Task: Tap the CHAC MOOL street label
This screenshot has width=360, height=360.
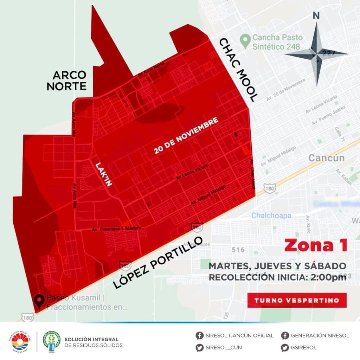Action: (x=239, y=70)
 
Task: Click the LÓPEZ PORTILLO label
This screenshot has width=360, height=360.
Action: (x=159, y=262)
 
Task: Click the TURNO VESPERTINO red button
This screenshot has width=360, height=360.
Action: (x=297, y=300)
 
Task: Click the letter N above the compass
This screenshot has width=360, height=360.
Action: (x=316, y=16)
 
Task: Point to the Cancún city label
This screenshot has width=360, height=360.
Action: (x=327, y=158)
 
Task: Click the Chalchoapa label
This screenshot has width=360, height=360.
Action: (x=271, y=215)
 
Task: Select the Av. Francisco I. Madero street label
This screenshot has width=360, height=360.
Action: (x=116, y=229)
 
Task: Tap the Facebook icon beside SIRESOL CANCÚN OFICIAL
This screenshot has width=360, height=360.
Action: (x=200, y=335)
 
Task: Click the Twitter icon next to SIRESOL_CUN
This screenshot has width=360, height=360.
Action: (x=200, y=348)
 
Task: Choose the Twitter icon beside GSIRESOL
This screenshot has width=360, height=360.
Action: (x=285, y=348)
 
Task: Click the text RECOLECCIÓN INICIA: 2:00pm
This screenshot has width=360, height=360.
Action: (x=278, y=277)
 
